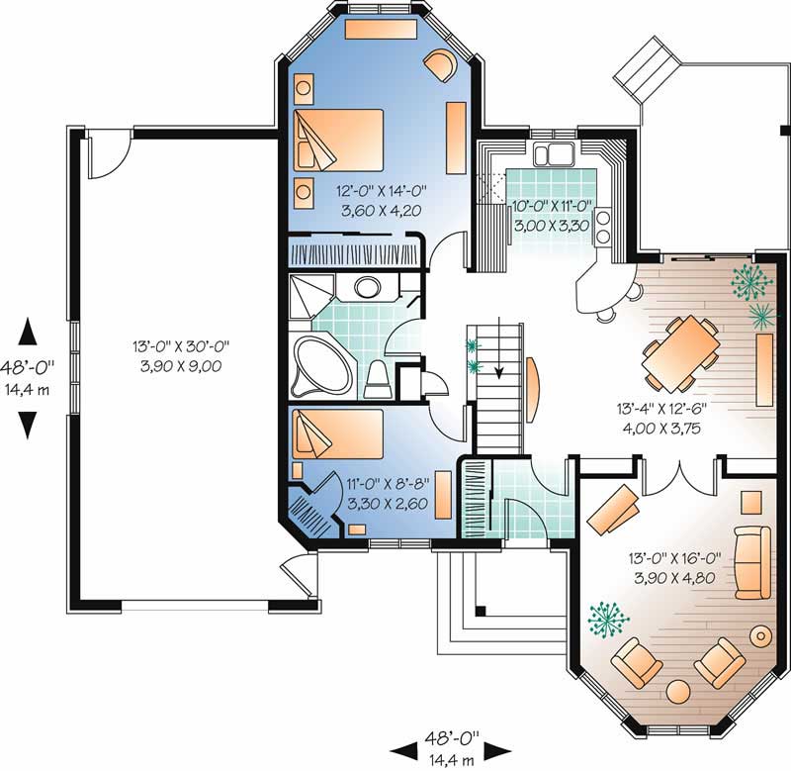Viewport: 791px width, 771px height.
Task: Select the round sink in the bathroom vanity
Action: [x=368, y=289]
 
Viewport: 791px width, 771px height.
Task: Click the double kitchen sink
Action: [x=553, y=153]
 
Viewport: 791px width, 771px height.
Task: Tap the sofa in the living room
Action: [x=754, y=562]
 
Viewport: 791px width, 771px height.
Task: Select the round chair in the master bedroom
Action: [x=438, y=66]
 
